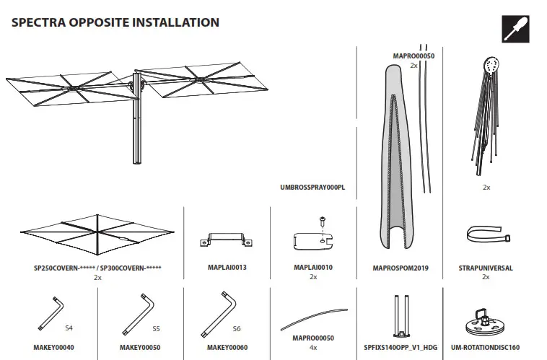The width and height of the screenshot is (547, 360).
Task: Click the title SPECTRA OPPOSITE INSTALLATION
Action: tap(115, 22)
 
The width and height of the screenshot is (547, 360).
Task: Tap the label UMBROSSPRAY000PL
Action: tap(312, 187)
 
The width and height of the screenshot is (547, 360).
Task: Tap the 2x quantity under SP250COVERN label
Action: tap(97, 277)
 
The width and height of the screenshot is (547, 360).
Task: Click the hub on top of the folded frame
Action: tap(491, 66)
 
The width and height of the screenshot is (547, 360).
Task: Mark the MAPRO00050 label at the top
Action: tap(413, 56)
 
